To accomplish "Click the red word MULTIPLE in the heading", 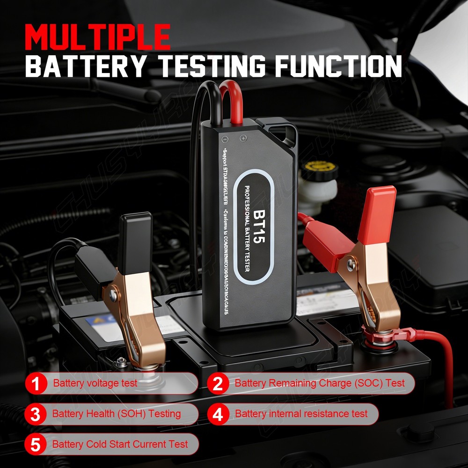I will [98, 37].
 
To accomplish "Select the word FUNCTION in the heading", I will [338, 66].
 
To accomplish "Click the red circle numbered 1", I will [36, 384].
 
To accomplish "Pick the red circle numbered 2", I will [218, 384].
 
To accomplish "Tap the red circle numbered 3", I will [36, 414].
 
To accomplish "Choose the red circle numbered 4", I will [218, 414].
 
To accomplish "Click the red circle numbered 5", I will [36, 444].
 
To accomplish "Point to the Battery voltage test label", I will [95, 383].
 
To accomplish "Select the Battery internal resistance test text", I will [301, 414].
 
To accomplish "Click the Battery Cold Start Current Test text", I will [120, 444].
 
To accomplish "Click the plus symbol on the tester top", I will [243, 138].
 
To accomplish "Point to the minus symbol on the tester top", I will [225, 139].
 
